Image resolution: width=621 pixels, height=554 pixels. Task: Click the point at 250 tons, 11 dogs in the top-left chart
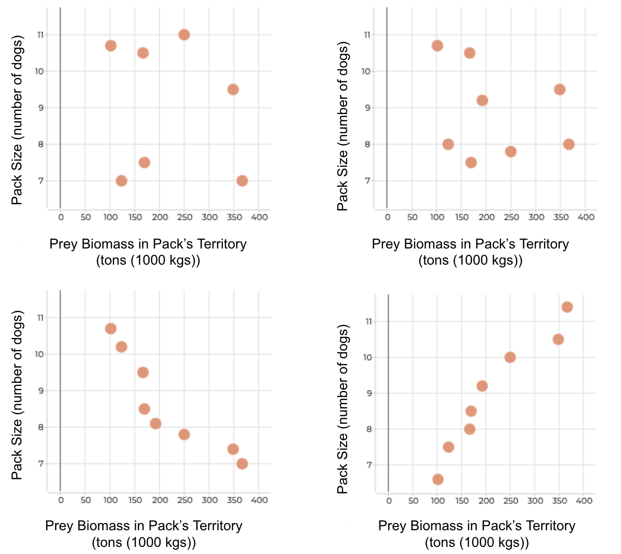click(184, 35)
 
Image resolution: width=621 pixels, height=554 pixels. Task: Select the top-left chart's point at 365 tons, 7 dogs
click(242, 181)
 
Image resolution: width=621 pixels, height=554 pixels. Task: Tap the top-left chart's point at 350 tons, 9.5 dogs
click(233, 89)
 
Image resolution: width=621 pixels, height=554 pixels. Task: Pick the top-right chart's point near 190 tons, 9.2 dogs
click(482, 100)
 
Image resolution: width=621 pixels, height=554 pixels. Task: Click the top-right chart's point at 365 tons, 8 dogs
click(569, 144)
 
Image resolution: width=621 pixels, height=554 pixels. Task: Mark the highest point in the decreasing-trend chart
click(111, 328)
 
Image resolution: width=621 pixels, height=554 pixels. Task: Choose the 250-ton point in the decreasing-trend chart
click(184, 434)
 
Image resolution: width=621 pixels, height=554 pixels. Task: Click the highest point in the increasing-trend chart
click(567, 307)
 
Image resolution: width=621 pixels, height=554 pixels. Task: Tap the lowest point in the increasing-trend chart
click(438, 479)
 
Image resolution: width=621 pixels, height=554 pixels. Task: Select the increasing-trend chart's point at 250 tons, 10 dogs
click(510, 357)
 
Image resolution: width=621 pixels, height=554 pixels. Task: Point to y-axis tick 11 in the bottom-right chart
click(369, 322)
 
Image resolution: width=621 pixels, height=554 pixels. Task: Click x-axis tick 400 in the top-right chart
click(586, 217)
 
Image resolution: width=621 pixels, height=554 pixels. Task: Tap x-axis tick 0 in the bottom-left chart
click(61, 500)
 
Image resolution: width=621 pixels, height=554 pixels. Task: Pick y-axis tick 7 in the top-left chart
click(41, 181)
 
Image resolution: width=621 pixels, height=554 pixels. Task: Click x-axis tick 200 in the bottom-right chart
click(486, 501)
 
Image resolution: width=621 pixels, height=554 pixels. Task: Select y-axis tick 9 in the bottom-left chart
click(41, 391)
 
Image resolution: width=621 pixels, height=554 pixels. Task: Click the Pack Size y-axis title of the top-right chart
click(343, 126)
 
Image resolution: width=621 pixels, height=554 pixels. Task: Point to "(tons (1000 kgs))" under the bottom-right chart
click(477, 542)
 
